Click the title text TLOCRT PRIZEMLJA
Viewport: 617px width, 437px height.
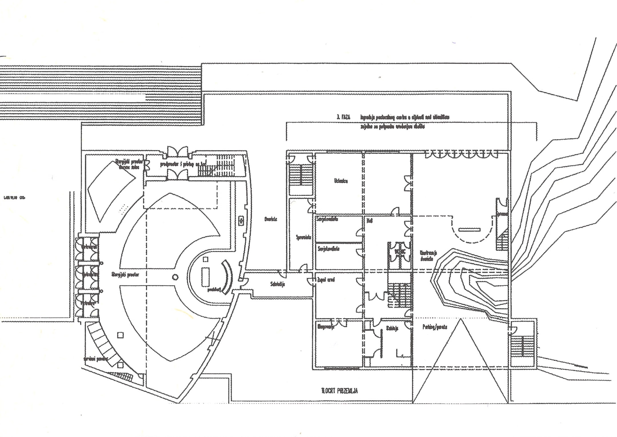pyautogui.click(x=339, y=391)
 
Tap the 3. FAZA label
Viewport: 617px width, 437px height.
pyautogui.click(x=344, y=117)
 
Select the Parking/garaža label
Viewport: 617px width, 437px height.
pyautogui.click(x=435, y=327)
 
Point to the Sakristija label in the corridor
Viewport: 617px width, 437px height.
pyautogui.click(x=277, y=284)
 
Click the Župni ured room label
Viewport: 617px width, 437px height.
pyautogui.click(x=326, y=280)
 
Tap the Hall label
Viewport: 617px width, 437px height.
pyautogui.click(x=369, y=221)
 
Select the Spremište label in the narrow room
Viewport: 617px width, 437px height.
pyautogui.click(x=303, y=237)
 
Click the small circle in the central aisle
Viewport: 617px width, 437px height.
pyautogui.click(x=175, y=277)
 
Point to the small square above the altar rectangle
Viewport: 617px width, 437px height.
pyautogui.click(x=205, y=259)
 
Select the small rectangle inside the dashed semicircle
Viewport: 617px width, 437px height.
pyautogui.click(x=469, y=229)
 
